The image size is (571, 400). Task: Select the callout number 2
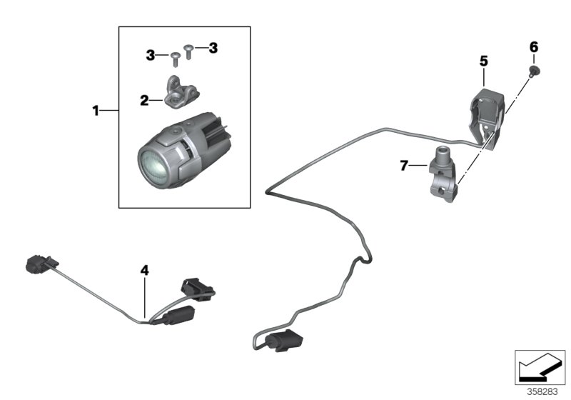click(145, 101)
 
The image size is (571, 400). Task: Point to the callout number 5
click(483, 62)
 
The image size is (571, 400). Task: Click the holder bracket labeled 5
click(488, 111)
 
